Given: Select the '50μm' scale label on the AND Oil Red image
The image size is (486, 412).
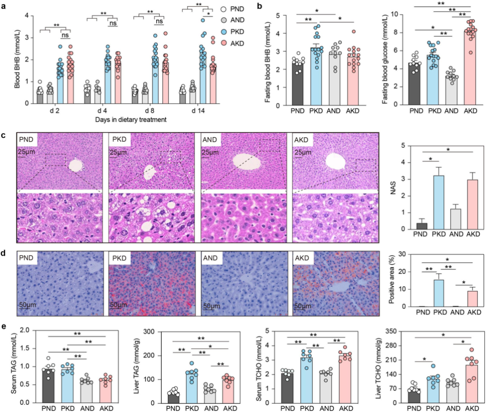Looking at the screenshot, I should coord(211,306).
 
